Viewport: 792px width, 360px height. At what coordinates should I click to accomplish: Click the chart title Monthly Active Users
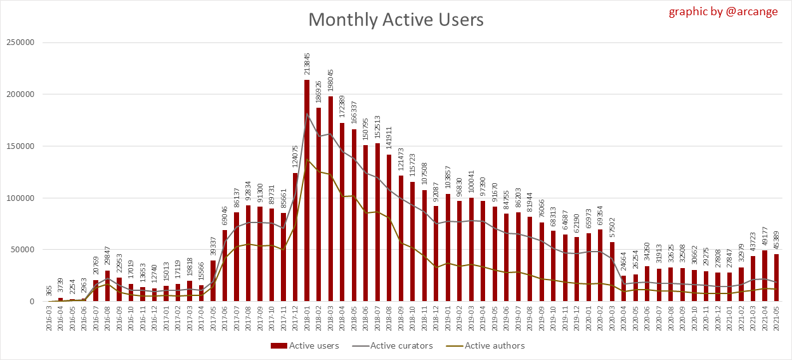396,20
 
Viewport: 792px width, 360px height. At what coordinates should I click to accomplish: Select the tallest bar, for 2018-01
307,190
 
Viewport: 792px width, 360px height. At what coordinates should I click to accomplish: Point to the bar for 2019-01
448,247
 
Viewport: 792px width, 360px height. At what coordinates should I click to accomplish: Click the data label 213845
307,65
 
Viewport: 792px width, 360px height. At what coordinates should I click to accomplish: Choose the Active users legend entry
306,345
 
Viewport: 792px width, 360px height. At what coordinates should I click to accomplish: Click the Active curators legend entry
396,345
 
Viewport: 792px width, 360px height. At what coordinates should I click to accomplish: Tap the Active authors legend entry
487,345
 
